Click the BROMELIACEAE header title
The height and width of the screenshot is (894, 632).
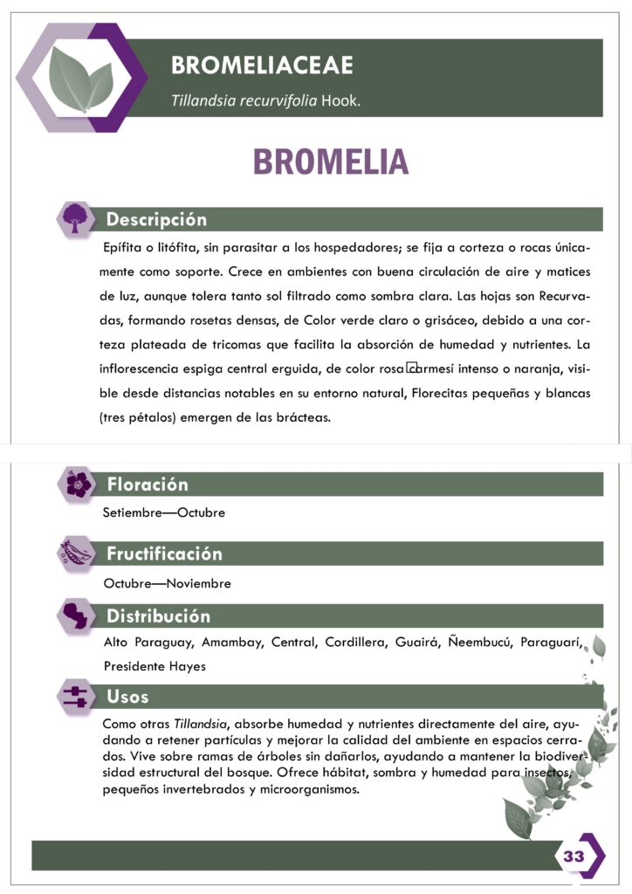(x=262, y=65)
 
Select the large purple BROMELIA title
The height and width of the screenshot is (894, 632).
(x=330, y=162)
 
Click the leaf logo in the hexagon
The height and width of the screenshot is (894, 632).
(x=80, y=79)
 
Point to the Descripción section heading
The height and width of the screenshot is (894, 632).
(x=156, y=219)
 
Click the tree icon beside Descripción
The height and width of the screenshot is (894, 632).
(x=75, y=218)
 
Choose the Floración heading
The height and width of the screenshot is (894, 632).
(x=147, y=485)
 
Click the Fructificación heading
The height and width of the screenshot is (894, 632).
(x=164, y=554)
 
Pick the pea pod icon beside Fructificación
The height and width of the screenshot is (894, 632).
(x=76, y=554)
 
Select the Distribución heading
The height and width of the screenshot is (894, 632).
(x=158, y=616)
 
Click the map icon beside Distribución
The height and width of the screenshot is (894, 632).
(x=76, y=615)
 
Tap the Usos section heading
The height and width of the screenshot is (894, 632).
(x=127, y=697)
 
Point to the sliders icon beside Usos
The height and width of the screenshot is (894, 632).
(x=76, y=697)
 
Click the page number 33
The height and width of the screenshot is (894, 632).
(x=574, y=856)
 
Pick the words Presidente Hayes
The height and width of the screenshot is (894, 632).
(x=154, y=666)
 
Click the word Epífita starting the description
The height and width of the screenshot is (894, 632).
(x=124, y=247)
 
